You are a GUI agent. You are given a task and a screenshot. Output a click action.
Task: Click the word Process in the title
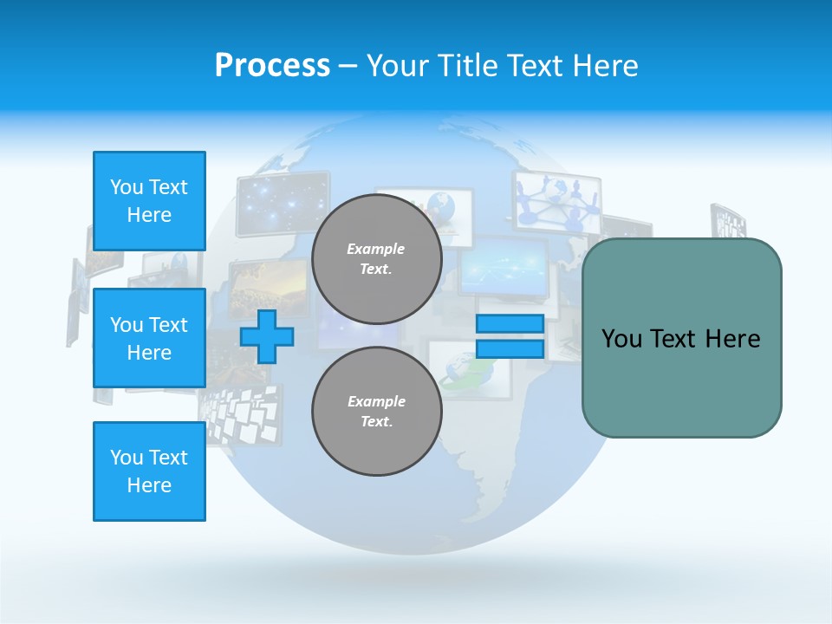(272, 66)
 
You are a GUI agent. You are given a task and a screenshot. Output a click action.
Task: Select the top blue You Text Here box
(149, 201)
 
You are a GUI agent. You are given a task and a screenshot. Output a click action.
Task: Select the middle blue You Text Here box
(149, 338)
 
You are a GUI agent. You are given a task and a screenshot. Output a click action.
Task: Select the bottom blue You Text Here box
(149, 471)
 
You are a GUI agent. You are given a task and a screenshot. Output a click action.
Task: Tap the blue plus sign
(267, 336)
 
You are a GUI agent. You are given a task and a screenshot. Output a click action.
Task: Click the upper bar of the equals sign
(510, 323)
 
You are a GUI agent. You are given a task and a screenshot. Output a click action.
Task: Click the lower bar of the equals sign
(510, 348)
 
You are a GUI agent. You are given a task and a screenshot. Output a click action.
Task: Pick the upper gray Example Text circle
(376, 259)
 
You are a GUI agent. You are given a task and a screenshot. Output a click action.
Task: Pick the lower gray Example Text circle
(376, 412)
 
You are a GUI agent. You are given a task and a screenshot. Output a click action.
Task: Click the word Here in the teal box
(732, 339)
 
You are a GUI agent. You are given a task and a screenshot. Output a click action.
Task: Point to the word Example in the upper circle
(376, 249)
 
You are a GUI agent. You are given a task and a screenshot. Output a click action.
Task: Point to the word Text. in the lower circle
(376, 422)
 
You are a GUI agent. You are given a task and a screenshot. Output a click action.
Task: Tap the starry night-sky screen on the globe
(282, 203)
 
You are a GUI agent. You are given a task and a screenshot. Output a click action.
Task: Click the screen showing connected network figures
(557, 201)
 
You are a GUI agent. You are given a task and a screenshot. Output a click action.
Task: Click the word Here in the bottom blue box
(149, 485)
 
